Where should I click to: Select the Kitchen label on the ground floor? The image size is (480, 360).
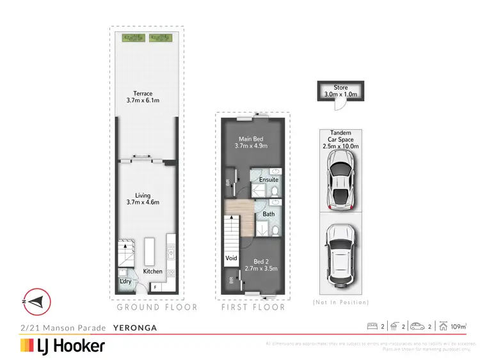pyautogui.click(x=152, y=272)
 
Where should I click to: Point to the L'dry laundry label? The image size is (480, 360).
pyautogui.click(x=125, y=281)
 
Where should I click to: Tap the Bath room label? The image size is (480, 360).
pyautogui.click(x=268, y=214)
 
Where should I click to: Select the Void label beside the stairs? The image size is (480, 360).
pyautogui.click(x=230, y=259)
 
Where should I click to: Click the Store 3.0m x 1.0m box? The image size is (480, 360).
pyautogui.click(x=340, y=91)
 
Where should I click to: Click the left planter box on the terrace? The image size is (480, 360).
pyautogui.click(x=132, y=38)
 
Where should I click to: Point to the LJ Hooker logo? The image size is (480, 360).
pyautogui.click(x=63, y=346)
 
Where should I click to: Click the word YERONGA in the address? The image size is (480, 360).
pyautogui.click(x=134, y=327)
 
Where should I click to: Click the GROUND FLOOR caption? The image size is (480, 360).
pyautogui.click(x=156, y=307)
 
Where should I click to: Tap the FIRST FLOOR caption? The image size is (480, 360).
pyautogui.click(x=253, y=307)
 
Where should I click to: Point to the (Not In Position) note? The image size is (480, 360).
pyautogui.click(x=340, y=302)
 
